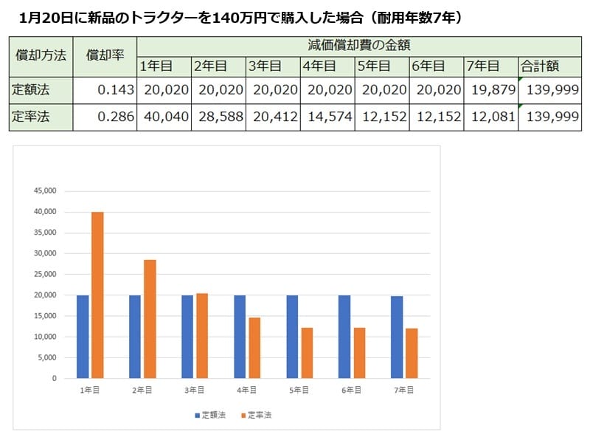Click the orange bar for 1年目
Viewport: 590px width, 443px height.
click(x=97, y=295)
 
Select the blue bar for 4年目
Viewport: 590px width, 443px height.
click(x=240, y=337)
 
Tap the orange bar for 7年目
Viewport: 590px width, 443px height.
click(x=412, y=353)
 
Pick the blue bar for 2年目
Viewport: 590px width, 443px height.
click(x=135, y=337)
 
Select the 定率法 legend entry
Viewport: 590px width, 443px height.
click(x=257, y=416)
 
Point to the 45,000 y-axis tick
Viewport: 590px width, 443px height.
click(x=46, y=190)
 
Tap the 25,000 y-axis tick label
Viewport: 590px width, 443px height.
click(x=46, y=274)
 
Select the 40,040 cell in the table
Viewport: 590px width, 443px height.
click(x=164, y=117)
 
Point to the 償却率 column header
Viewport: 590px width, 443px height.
click(x=105, y=55)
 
